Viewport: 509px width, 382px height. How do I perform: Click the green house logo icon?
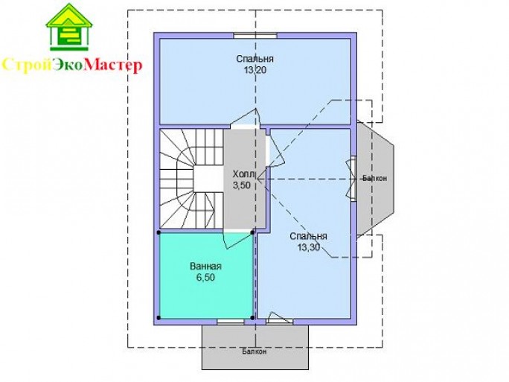[x=68, y=28]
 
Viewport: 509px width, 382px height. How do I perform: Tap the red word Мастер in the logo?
[x=112, y=66]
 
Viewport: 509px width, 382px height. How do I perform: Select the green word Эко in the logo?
[x=67, y=65]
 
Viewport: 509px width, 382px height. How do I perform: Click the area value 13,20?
[x=255, y=70]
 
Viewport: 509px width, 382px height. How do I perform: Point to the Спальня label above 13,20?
[x=254, y=59]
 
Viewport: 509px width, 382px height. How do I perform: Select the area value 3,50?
[x=242, y=185]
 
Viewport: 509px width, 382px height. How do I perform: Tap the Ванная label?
[x=205, y=267]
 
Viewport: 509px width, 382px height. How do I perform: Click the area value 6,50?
[x=205, y=278]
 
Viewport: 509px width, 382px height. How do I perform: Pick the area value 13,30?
[x=309, y=247]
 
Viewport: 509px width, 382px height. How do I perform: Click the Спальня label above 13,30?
[x=308, y=236]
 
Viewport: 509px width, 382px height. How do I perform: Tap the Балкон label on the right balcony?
[x=374, y=178]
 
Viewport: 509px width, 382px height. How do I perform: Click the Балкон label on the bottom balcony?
[x=254, y=351]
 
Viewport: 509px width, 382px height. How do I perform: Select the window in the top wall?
[x=255, y=36]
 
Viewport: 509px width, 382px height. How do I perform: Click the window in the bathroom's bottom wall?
[x=231, y=322]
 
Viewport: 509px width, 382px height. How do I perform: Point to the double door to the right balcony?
[x=351, y=179]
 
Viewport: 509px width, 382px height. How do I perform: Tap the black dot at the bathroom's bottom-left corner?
[x=159, y=317]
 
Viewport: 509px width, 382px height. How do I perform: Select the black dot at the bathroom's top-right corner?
[x=252, y=232]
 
